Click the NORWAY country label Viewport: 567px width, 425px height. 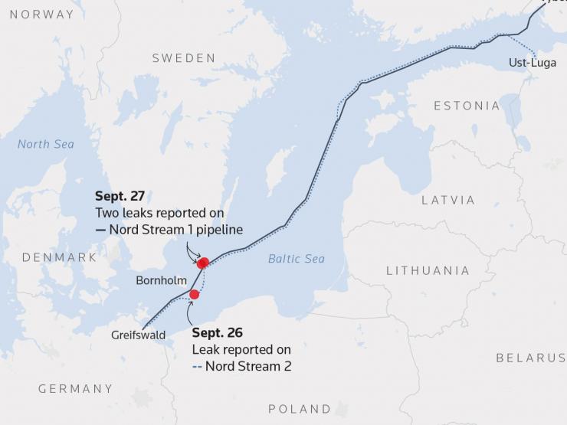(42, 15)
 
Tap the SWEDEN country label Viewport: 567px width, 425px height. (184, 58)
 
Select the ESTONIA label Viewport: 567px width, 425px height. (467, 106)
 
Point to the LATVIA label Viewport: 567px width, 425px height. (448, 200)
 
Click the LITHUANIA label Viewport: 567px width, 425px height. (428, 270)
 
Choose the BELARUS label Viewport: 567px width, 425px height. (530, 358)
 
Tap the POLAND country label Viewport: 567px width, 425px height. (300, 408)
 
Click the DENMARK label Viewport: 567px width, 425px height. (59, 257)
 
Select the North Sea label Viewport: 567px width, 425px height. (46, 144)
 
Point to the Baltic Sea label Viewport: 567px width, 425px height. (297, 259)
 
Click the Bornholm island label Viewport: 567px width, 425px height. (161, 280)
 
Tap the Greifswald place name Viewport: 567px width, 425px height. (138, 335)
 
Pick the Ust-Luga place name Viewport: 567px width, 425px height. (533, 63)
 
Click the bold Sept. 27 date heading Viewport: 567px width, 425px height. (120, 196)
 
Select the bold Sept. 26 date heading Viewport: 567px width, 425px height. (217, 332)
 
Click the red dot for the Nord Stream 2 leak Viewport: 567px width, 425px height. (194, 294)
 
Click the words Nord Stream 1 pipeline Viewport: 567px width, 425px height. (175, 229)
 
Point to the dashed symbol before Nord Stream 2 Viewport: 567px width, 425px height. (197, 366)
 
